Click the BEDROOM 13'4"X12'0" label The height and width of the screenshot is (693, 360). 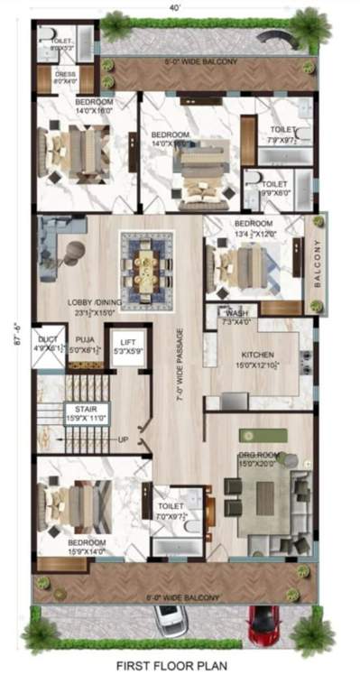(x=254, y=228)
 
